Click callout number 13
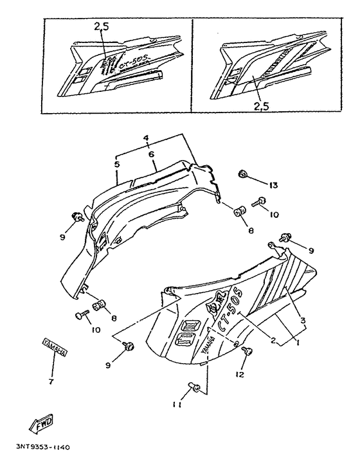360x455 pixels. [x=273, y=186]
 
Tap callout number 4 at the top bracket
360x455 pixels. [x=147, y=139]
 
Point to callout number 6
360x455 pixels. [x=151, y=155]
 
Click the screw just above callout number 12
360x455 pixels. [x=249, y=352]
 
